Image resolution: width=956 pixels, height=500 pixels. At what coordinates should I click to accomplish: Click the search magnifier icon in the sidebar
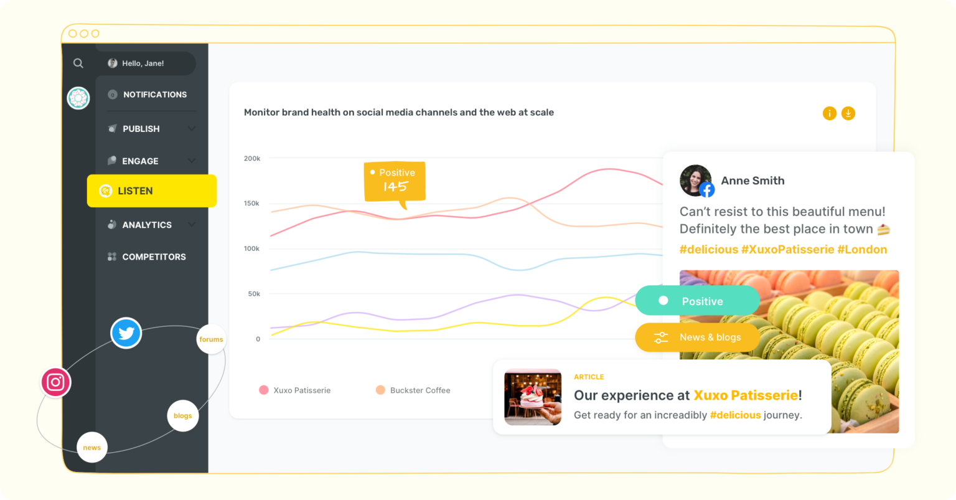coord(78,63)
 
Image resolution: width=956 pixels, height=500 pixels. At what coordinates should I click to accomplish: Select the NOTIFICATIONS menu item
coord(154,95)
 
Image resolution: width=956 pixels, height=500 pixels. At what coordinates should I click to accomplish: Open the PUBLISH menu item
coord(141,129)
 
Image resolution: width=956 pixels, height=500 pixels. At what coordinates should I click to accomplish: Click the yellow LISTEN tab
coord(151,191)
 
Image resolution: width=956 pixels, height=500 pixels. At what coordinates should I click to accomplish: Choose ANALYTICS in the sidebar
coord(147,225)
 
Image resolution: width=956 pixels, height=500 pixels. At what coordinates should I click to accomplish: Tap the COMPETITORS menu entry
coord(154,257)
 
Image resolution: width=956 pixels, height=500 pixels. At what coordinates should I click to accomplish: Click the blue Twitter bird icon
coord(126,333)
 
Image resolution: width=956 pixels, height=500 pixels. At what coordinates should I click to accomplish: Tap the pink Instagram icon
coord(56,382)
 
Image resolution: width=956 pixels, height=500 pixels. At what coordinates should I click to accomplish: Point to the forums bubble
coord(211,339)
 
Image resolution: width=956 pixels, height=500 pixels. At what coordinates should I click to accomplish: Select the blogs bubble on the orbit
coord(183,416)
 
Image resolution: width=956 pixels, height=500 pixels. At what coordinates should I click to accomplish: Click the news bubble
coord(92,448)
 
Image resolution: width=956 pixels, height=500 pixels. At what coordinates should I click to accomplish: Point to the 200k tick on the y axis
coord(252,159)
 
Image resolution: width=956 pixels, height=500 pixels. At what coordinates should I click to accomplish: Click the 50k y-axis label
coord(253,294)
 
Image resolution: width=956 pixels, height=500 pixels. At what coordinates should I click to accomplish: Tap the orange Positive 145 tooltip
coord(395,181)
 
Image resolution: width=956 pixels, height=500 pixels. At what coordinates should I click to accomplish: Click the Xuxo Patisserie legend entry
coord(295,390)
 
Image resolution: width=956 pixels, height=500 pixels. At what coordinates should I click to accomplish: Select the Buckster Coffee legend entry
coord(413,390)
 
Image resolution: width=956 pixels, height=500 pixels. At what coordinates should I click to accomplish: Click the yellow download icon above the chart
coord(848,113)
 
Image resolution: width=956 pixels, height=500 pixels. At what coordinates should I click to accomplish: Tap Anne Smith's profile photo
coord(695,180)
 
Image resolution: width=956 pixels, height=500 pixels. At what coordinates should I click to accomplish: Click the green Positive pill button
coord(697,301)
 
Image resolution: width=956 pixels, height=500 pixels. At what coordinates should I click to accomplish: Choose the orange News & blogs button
coord(697,337)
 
